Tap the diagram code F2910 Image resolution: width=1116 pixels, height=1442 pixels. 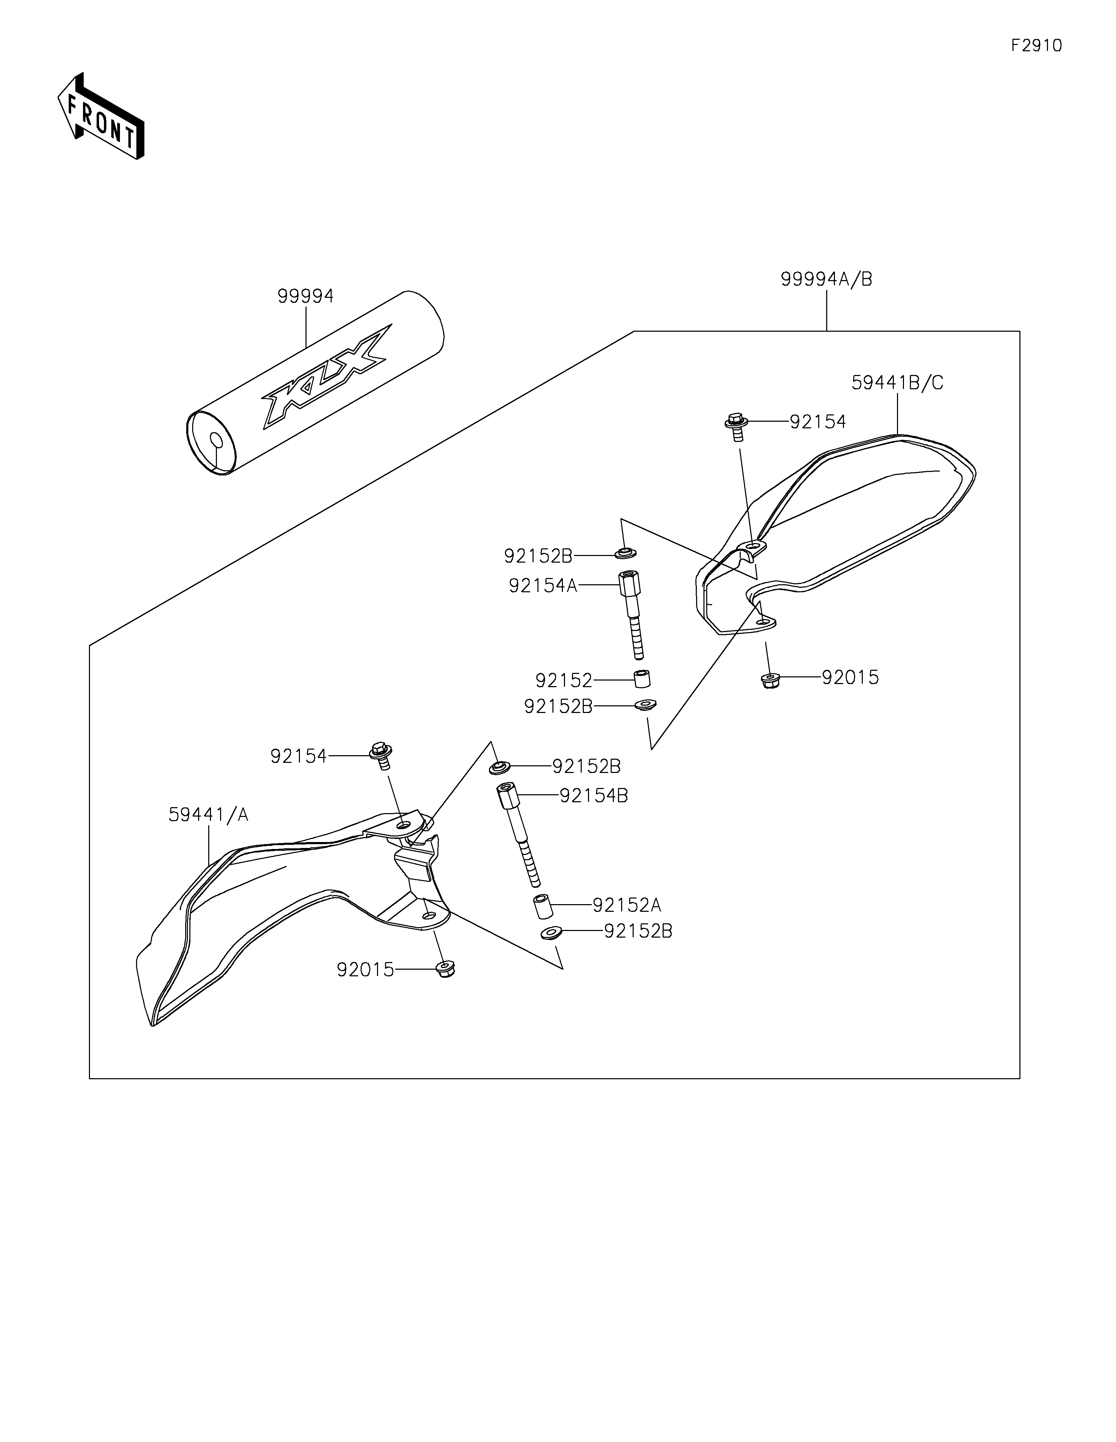pos(1036,46)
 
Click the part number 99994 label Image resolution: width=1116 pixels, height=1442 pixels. pos(306,296)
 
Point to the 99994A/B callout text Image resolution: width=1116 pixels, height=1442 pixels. pos(826,279)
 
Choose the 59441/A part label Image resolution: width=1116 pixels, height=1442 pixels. pos(209,815)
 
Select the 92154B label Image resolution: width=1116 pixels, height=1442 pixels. pos(593,796)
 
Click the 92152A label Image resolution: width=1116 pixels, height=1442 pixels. pos(626,904)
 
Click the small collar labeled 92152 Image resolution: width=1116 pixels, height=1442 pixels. pos(642,679)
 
